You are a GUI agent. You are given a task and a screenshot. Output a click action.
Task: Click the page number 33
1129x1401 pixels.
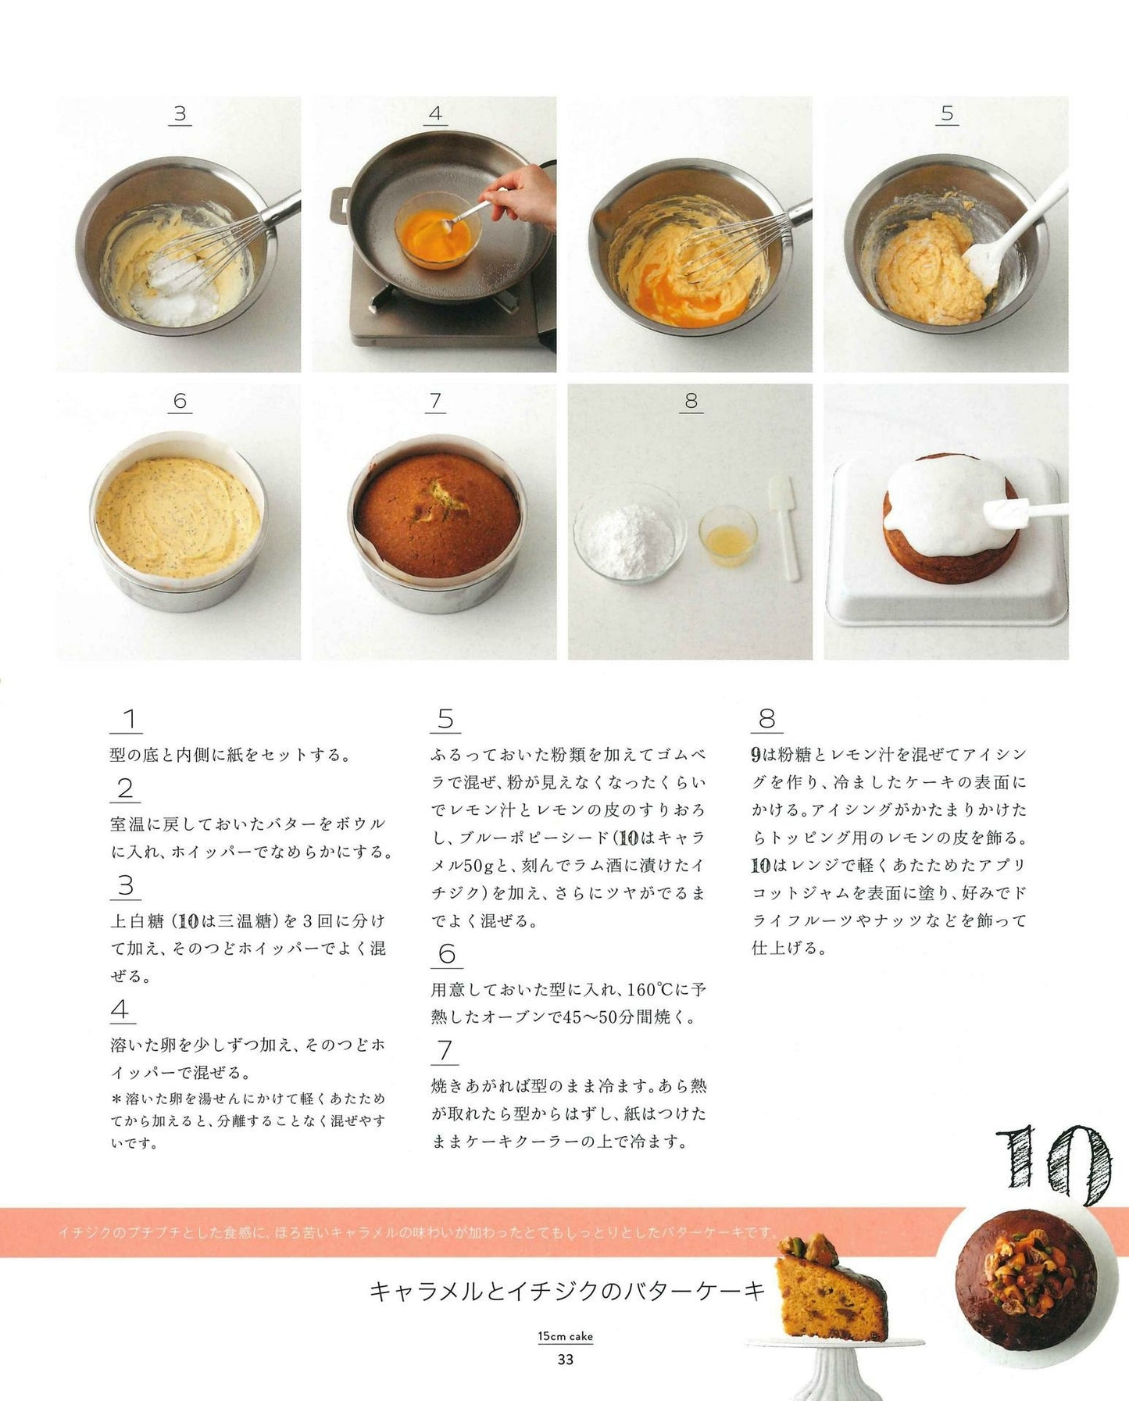[565, 1359]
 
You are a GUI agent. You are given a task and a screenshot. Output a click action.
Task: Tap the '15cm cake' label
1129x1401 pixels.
[565, 1336]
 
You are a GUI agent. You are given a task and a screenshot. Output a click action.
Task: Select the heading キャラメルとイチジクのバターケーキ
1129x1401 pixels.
[567, 1291]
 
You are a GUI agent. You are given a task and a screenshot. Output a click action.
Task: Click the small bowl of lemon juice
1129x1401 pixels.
[727, 535]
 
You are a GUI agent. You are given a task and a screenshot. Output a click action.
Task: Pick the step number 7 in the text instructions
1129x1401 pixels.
[445, 1050]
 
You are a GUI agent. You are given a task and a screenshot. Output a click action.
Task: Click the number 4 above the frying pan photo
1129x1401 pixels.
[436, 113]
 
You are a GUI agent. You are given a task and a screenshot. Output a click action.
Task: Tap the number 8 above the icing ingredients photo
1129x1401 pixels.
[691, 401]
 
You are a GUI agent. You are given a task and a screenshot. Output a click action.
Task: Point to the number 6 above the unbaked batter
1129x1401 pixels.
[180, 401]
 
